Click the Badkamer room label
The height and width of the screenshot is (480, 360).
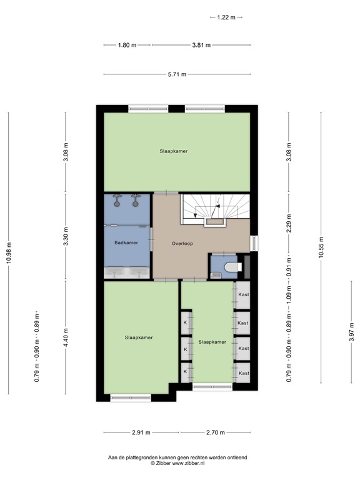pyautogui.click(x=126, y=242)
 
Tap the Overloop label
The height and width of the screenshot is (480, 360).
pyautogui.click(x=182, y=242)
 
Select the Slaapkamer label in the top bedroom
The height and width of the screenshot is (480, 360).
pyautogui.click(x=174, y=151)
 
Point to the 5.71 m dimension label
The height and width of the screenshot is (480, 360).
pyautogui.click(x=177, y=75)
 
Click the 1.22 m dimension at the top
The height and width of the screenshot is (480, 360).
pyautogui.click(x=226, y=18)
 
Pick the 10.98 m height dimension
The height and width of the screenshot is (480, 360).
pyautogui.click(x=8, y=253)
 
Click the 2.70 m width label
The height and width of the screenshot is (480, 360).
pyautogui.click(x=215, y=432)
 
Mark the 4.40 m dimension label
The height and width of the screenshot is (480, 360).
pyautogui.click(x=66, y=337)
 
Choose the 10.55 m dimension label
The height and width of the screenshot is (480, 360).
pyautogui.click(x=321, y=247)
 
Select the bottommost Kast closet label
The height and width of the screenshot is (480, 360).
pyautogui.click(x=243, y=373)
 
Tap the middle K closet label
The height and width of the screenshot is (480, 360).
pyautogui.click(x=185, y=347)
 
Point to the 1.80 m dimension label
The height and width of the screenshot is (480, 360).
pyautogui.click(x=127, y=45)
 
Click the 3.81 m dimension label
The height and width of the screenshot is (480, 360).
pyautogui.click(x=201, y=45)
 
